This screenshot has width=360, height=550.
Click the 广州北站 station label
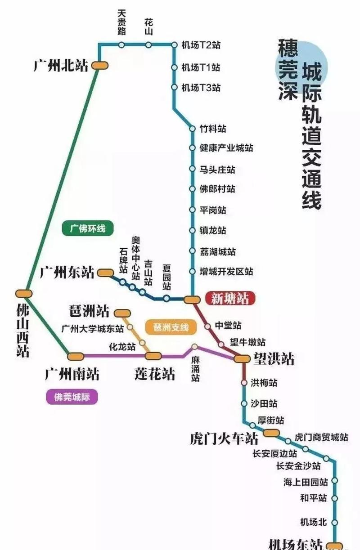coord(61,66)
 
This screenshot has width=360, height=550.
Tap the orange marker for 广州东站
coord(106,273)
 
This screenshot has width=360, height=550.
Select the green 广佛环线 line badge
coord(87,228)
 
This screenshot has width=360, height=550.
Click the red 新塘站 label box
coord(230,298)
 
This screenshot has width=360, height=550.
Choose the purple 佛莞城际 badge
coord(72,397)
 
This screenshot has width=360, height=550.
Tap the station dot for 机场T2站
coord(174,45)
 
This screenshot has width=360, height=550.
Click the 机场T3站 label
coord(201,87)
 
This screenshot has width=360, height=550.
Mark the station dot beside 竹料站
coord(192,129)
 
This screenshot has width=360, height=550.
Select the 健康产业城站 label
coord(226,148)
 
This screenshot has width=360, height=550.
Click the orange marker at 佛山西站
coord(24,293)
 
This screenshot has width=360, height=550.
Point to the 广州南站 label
coord(72,373)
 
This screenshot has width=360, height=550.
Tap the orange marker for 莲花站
coord(153,356)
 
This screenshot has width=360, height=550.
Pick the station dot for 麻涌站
coord(194,347)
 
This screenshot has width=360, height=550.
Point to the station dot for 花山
coord(148,45)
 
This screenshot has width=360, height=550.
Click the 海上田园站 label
coord(306,482)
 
